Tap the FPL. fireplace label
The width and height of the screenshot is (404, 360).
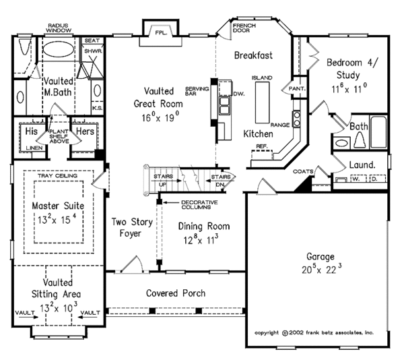[x=161, y=31]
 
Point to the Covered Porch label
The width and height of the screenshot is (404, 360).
[x=176, y=293]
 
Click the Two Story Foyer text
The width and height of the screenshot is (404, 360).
[x=133, y=227]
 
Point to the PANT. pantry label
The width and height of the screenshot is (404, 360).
[x=297, y=88]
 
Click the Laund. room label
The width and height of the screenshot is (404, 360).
[x=362, y=164]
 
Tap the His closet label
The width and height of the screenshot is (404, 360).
[x=30, y=131]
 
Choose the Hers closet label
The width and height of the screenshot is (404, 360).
[x=86, y=131]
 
